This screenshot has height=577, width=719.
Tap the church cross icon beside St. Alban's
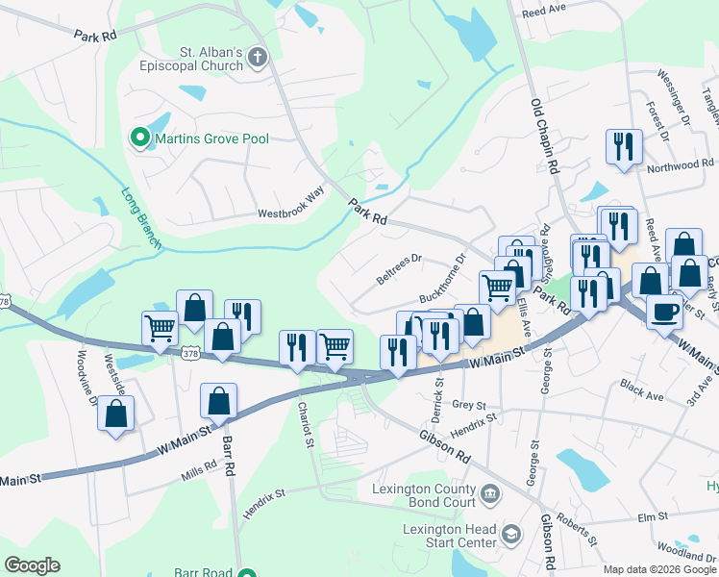(257, 59)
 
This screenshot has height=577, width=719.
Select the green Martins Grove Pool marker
(140, 139)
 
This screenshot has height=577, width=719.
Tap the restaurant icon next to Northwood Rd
(624, 147)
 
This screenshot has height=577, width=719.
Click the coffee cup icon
(665, 311)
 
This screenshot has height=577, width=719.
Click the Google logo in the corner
(32, 565)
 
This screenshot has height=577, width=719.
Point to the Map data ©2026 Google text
(658, 569)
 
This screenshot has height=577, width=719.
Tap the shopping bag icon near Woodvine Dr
(116, 414)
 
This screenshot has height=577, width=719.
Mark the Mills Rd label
(199, 470)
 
